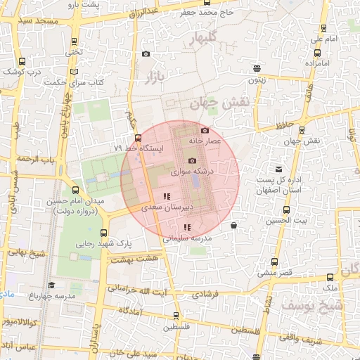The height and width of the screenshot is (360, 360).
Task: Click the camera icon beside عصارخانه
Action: tap(205, 130)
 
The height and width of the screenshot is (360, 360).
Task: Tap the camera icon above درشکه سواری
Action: tap(192, 161)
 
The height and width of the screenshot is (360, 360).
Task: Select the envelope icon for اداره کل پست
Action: tap(279, 169)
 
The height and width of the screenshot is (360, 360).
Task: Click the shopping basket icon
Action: tap(233, 225)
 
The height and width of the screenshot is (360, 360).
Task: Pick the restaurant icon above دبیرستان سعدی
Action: tap(166, 196)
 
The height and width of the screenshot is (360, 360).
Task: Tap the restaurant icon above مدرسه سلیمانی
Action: tap(186, 227)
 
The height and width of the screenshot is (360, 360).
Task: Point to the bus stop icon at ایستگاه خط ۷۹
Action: tap(138, 138)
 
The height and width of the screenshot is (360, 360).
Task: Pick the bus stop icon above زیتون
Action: tap(257, 69)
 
